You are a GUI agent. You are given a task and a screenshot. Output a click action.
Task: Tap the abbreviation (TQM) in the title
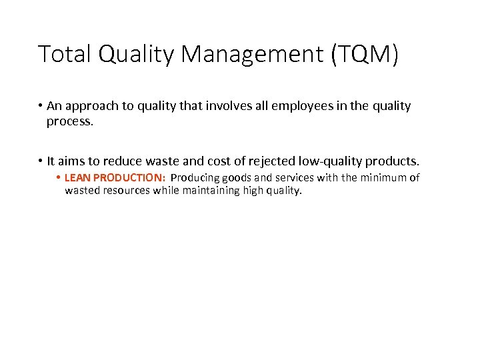tap(364, 54)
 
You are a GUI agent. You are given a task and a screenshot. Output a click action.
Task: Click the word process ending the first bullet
tap(69, 122)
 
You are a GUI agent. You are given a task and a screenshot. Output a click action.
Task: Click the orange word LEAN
tap(77, 178)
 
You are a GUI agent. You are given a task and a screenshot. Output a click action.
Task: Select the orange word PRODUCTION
tap(129, 178)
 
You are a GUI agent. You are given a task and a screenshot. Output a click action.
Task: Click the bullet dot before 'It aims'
tap(41, 161)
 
